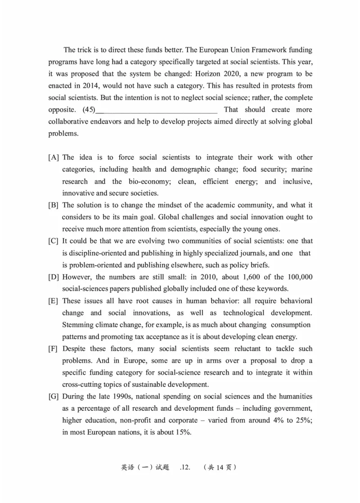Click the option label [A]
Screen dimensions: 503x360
click(x=54, y=157)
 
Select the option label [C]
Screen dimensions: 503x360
click(x=54, y=241)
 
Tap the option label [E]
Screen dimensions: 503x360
click(x=54, y=301)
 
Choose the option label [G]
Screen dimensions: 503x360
click(x=54, y=396)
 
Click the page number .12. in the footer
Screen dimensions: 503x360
click(x=186, y=467)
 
